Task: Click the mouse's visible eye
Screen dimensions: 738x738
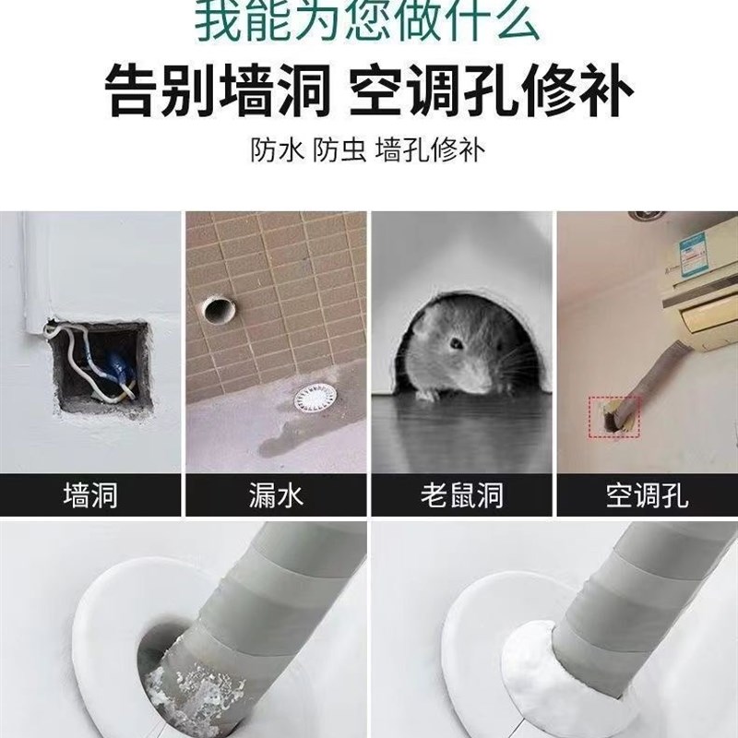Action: point(456,344)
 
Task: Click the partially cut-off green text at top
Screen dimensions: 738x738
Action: point(369,18)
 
